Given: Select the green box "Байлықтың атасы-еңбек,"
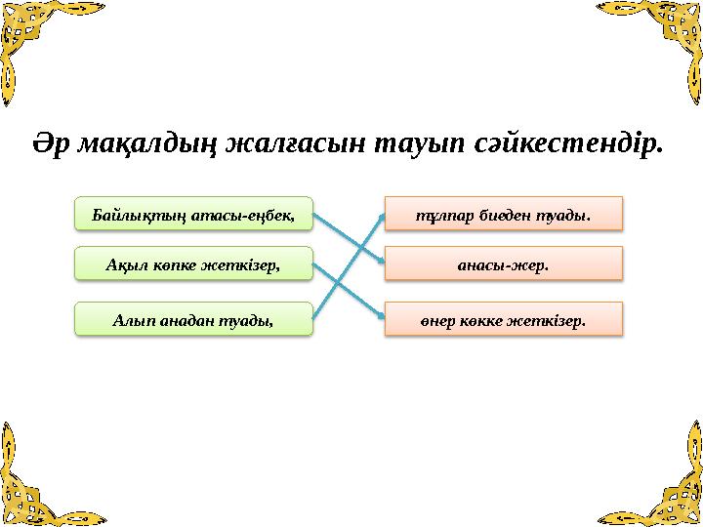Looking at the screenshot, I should tap(194, 213).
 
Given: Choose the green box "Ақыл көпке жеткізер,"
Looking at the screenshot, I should tap(194, 263).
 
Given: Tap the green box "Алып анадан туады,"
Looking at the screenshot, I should tap(194, 318).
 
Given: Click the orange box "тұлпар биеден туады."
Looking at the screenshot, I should tap(503, 213).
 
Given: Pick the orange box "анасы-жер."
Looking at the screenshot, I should tap(503, 263).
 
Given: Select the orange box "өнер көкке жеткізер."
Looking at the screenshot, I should tap(503, 318).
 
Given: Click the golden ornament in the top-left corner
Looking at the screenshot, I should tap(39, 39).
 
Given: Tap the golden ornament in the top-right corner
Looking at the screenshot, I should tap(664, 39).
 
